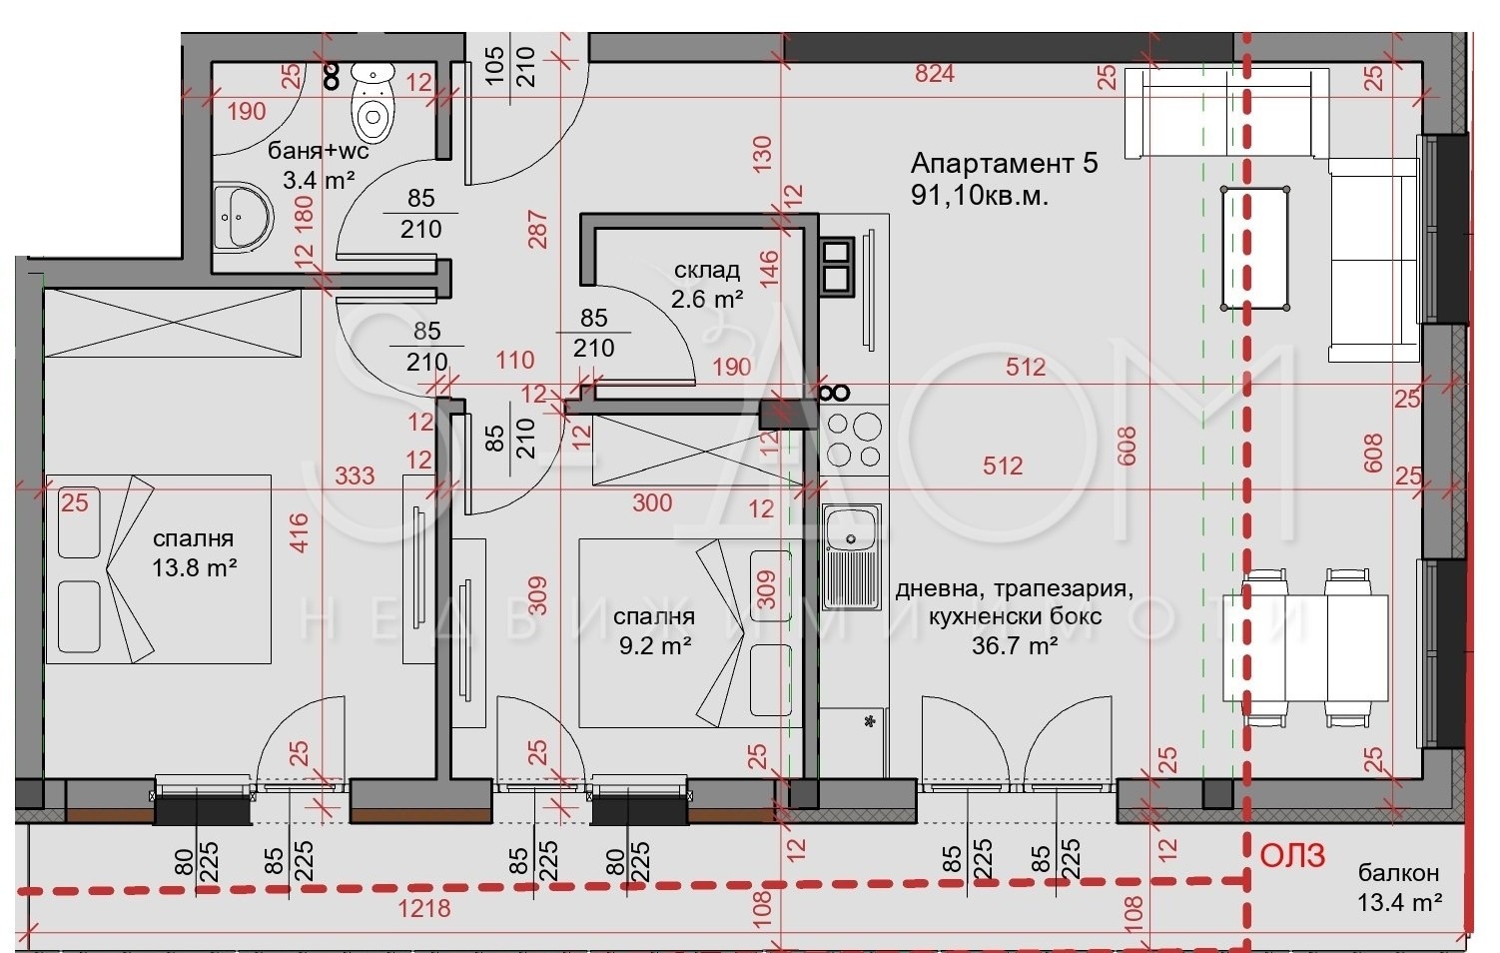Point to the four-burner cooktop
[x=854, y=439]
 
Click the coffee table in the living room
[x=1255, y=248]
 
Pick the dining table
[x=1306, y=647]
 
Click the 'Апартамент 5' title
[x=1004, y=164]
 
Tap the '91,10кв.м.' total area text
[x=979, y=196]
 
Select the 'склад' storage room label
[x=706, y=270]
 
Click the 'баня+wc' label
[x=319, y=151]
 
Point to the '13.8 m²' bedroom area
[x=194, y=568]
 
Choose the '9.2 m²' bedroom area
[x=655, y=645]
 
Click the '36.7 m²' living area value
[x=1015, y=645]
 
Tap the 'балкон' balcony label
[x=1398, y=873]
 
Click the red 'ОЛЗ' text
[x=1292, y=856]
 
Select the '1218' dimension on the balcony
[x=423, y=909]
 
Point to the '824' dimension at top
[x=934, y=74]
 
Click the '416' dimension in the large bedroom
[x=300, y=533]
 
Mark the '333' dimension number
[x=355, y=476]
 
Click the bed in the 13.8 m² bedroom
[x=158, y=569]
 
